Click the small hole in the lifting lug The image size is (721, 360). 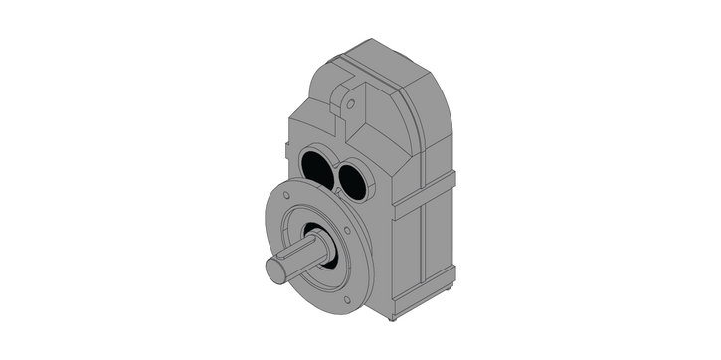coord(349,101)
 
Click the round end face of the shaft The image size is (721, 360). coord(275,270)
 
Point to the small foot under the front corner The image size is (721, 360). coord(393,318)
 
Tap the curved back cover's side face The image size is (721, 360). coord(438,129)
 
